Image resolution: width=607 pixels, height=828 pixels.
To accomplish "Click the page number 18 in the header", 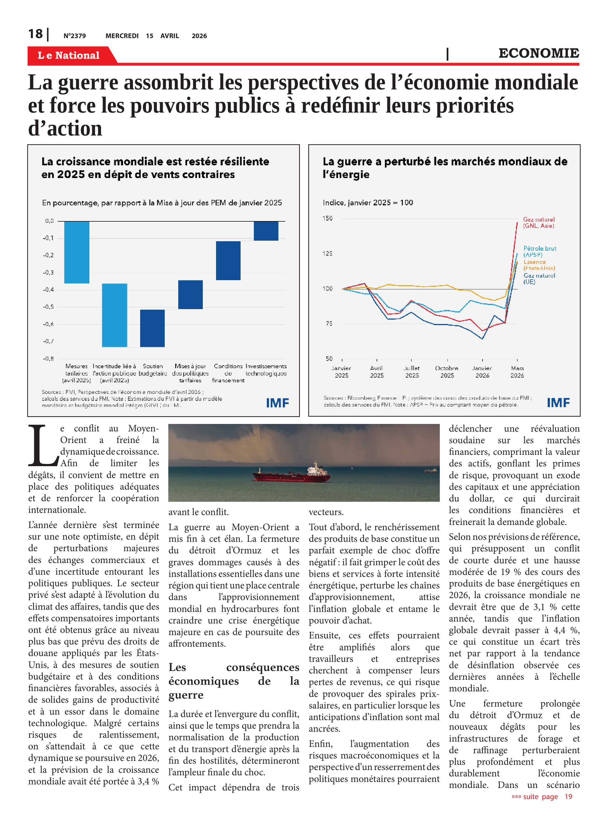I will pyautogui.click(x=36, y=34).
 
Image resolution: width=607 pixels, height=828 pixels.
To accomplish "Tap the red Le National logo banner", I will pyautogui.click(x=69, y=55).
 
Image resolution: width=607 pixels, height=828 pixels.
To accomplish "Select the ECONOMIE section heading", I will pyautogui.click(x=538, y=53).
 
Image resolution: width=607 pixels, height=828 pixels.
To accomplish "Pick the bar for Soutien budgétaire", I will pyautogui.click(x=153, y=328).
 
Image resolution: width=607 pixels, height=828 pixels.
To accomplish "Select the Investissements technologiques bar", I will pyautogui.click(x=266, y=231).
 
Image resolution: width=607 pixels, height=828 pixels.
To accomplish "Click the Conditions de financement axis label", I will pyautogui.click(x=228, y=373).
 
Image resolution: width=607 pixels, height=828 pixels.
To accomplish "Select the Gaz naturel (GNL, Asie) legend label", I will pyautogui.click(x=539, y=222).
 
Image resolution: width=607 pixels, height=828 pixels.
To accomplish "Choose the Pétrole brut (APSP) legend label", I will pyautogui.click(x=539, y=251).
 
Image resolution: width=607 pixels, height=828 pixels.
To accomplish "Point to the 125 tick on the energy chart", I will pyautogui.click(x=328, y=253).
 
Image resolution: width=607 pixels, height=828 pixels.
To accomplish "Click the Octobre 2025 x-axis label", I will pyautogui.click(x=447, y=371).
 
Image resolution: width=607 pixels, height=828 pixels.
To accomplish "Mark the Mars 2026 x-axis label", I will pyautogui.click(x=517, y=371).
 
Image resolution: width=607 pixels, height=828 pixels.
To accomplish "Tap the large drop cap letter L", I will pyautogui.click(x=43, y=445).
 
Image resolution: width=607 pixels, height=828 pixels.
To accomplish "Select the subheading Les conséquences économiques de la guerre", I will pyautogui.click(x=234, y=681).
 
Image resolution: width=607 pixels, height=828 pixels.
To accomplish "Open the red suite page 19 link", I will pyautogui.click(x=542, y=796).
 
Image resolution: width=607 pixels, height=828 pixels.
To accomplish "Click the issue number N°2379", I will pyautogui.click(x=74, y=36).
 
